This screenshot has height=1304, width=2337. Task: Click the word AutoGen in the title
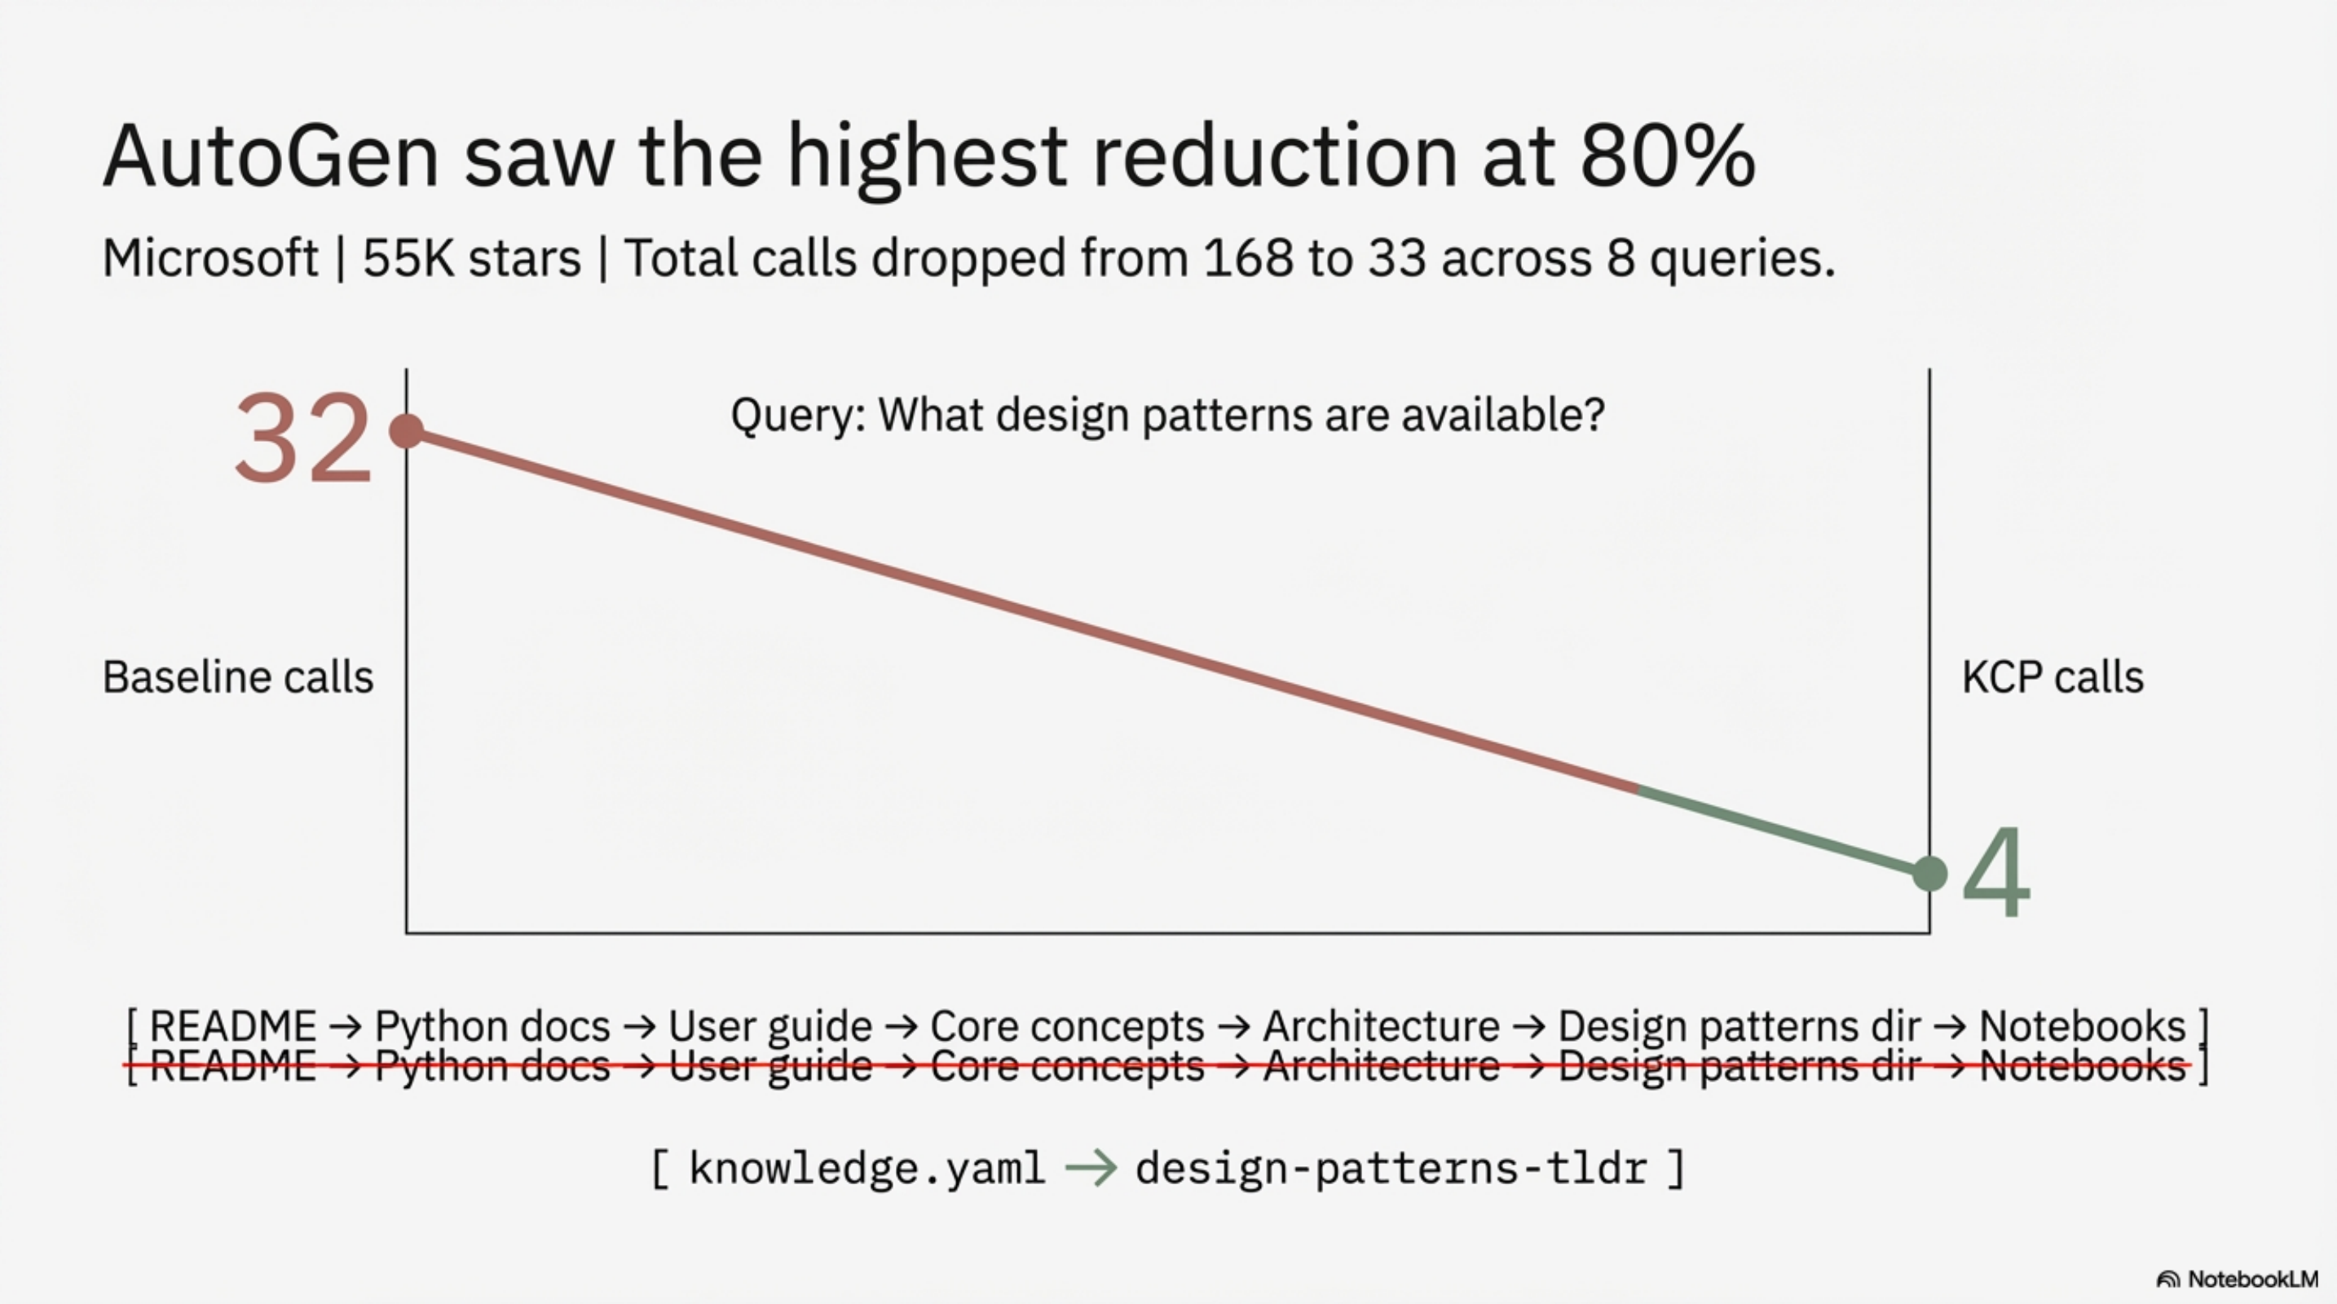271,156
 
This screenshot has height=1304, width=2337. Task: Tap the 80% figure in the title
1668,156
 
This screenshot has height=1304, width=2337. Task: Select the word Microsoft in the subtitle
209,258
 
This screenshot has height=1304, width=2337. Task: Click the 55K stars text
472,258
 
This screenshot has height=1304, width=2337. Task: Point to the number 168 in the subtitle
1247,258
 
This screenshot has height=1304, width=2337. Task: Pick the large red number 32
303,440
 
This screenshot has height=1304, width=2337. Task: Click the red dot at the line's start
407,431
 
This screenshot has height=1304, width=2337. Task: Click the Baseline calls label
238,677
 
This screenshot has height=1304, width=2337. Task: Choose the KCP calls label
2053,677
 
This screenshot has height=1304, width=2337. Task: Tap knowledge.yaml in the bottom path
866,1168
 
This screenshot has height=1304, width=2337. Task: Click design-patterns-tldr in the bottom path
1391,1168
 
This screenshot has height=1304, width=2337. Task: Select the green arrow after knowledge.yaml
1091,1168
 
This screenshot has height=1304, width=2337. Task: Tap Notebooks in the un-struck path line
2082,1025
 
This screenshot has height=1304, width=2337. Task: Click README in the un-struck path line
232,1025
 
